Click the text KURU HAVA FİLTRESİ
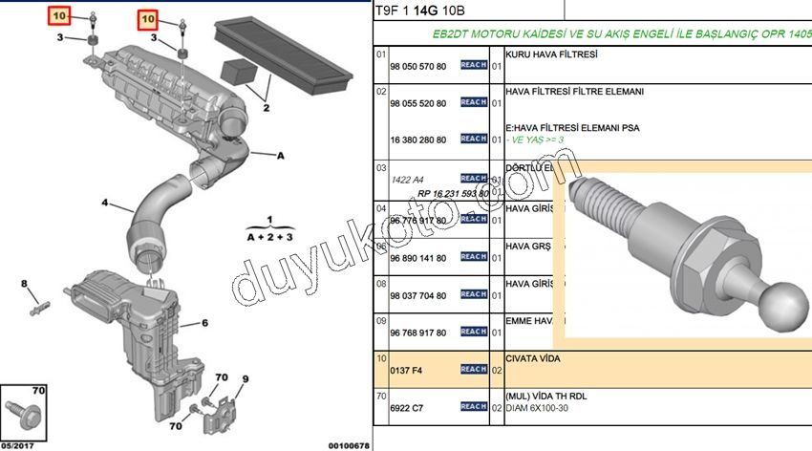tap(551, 54)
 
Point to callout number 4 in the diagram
tap(105, 203)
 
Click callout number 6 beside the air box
tap(204, 323)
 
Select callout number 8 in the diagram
tap(26, 284)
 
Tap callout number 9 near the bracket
tap(245, 379)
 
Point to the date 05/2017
tap(19, 444)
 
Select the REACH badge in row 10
tap(473, 369)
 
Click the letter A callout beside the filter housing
tap(281, 154)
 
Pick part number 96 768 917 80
tap(417, 333)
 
